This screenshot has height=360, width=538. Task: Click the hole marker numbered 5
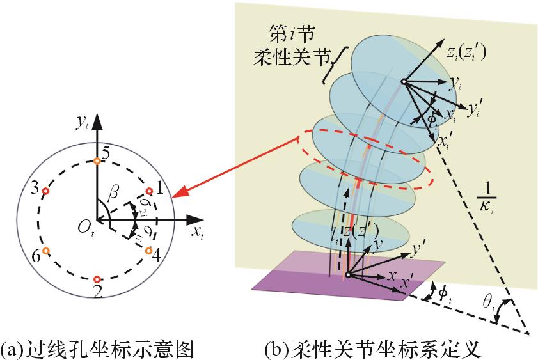pyautogui.click(x=96, y=161)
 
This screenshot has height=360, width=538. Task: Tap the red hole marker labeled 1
pyautogui.click(x=149, y=191)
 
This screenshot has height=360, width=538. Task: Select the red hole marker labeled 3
pyautogui.click(x=45, y=191)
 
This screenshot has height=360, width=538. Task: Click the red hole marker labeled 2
pyautogui.click(x=97, y=279)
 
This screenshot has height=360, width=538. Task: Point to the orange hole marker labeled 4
pyautogui.click(x=148, y=251)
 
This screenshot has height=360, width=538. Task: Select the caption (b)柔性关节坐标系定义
pyautogui.click(x=371, y=349)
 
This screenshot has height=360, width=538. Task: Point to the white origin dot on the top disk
pyautogui.click(x=404, y=81)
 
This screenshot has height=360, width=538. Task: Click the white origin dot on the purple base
pyautogui.click(x=347, y=276)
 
